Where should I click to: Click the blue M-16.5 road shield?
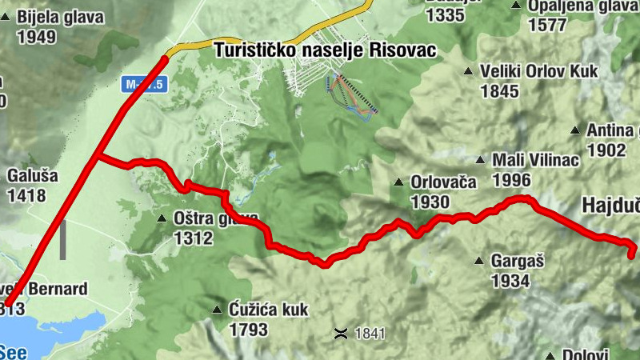point(144,83)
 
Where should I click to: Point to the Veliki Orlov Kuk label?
point(539,71)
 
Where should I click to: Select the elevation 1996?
point(513,178)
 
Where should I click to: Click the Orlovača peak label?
point(442,182)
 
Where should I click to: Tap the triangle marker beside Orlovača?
point(398,182)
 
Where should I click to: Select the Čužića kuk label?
point(268,310)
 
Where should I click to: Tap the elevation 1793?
point(248,329)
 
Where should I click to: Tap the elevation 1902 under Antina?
point(606,150)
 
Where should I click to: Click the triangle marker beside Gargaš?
point(479,261)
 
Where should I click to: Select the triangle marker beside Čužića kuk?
point(217,310)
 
